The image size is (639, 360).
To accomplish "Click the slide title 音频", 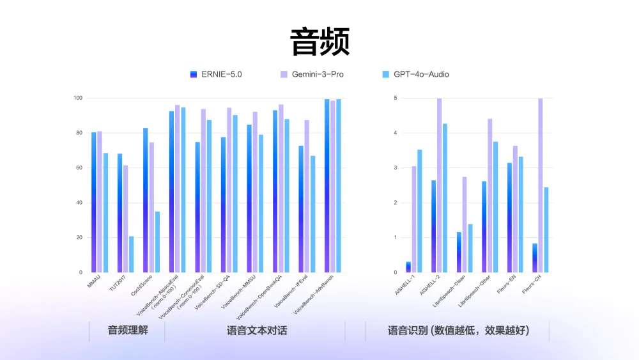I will (x=319, y=42).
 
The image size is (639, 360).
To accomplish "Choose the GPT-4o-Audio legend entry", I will (x=415, y=74).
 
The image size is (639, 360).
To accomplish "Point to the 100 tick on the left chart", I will (x=78, y=98).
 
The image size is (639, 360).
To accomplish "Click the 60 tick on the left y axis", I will (x=79, y=168).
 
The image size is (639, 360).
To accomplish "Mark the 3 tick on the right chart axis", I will (x=396, y=168).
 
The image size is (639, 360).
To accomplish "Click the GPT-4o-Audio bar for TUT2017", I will (x=131, y=254).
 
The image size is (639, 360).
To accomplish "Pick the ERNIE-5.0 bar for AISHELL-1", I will (x=408, y=267).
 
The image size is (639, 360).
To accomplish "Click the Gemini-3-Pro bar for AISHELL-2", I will (x=439, y=185).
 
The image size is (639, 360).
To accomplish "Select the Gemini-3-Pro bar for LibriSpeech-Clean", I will (x=465, y=224).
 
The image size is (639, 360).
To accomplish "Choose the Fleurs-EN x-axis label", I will (x=506, y=284).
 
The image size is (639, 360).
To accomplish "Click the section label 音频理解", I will (x=128, y=331).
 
